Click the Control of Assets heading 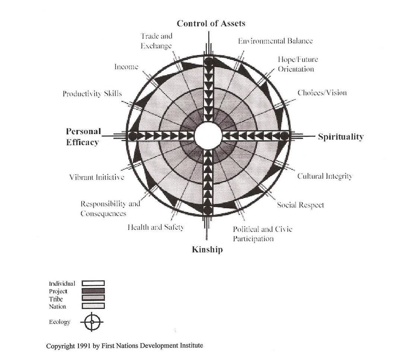[x=211, y=23]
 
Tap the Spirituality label [x=340, y=137]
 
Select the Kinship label [x=207, y=249]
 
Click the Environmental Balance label [x=275, y=41]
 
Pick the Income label [x=126, y=67]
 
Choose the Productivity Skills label [x=92, y=93]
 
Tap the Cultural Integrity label [x=324, y=176]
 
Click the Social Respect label [x=300, y=205]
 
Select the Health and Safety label [x=156, y=227]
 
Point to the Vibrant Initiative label [x=96, y=177]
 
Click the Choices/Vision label [x=322, y=93]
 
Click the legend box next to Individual [x=93, y=283]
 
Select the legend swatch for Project [x=93, y=291]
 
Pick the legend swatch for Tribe [x=93, y=298]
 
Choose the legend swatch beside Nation [x=93, y=306]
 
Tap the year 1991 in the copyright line [x=80, y=346]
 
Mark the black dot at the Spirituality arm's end [x=284, y=136]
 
